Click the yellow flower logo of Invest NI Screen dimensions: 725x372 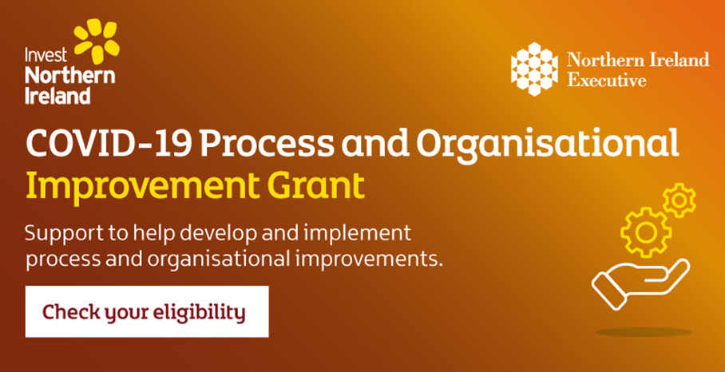(97, 41)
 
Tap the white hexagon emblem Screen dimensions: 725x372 (534, 69)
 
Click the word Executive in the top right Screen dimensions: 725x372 (607, 81)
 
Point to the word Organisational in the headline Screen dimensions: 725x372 (548, 144)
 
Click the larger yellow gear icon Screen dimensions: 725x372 (645, 232)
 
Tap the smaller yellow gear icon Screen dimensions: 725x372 (679, 200)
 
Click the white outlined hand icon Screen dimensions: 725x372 (641, 283)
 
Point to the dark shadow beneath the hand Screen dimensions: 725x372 (644, 332)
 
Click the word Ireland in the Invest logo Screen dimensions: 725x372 (57, 96)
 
